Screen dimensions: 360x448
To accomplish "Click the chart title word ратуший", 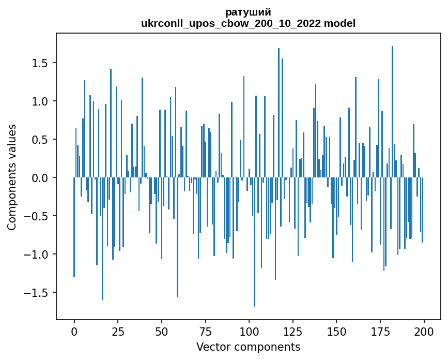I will coord(248,12).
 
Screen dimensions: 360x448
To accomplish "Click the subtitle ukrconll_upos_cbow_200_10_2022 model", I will coord(248,23).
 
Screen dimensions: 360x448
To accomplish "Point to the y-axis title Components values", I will coord(12,177).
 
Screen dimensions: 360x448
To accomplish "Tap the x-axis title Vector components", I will coord(248,347).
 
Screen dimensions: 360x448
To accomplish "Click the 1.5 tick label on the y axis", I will coord(40,63).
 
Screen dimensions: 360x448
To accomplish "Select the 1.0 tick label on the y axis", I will coord(40,101).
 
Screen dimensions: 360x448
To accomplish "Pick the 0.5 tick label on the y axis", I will coord(40,140).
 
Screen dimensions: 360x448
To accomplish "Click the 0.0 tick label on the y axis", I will coord(40,178).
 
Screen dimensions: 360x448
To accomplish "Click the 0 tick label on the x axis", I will coord(74,331).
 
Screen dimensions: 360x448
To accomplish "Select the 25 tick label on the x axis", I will coord(118,331).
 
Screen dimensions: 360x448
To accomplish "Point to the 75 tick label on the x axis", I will coord(205,331).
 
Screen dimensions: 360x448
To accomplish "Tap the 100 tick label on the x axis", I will coord(249,331).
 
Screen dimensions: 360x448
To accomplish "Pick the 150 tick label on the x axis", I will coord(336,331).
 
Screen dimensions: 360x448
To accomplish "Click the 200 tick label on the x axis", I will coord(424,331).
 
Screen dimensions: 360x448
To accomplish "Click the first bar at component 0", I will coord(74,228).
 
